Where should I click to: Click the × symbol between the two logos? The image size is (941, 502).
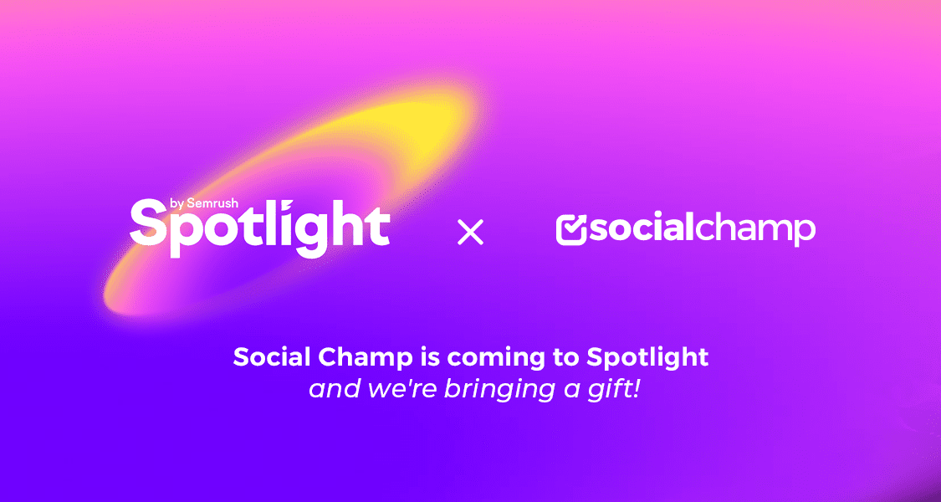pos(471,232)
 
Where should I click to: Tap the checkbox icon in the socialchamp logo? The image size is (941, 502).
pos(571,229)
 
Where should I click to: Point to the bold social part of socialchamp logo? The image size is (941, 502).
pos(641,228)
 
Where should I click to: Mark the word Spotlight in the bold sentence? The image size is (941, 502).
pos(647,358)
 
